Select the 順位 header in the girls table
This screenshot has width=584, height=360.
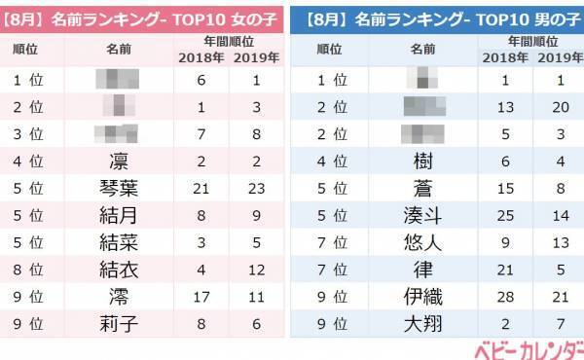pos(33,49)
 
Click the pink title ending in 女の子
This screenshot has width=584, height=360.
pos(144,17)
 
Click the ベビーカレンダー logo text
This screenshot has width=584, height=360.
pos(528,348)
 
